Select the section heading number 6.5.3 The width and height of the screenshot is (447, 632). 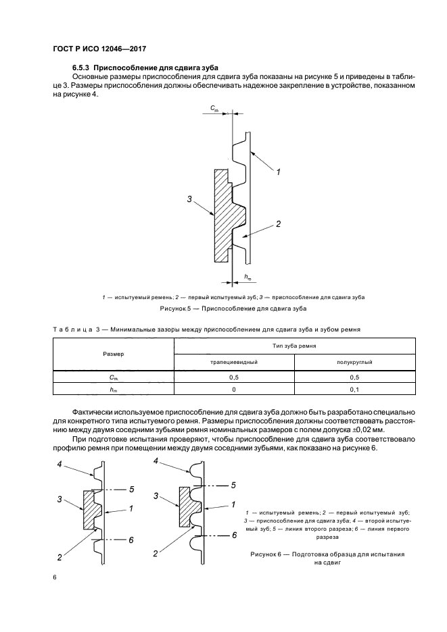(x=80, y=68)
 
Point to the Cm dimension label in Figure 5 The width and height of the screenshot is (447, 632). (x=214, y=108)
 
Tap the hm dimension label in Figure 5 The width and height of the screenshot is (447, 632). (x=247, y=278)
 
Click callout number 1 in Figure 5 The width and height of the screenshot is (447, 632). (x=277, y=172)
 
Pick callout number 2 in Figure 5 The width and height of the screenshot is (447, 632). (x=277, y=224)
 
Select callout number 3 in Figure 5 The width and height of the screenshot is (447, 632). (x=190, y=199)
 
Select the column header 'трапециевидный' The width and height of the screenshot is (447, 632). (x=233, y=362)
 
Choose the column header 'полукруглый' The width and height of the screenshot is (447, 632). (x=354, y=362)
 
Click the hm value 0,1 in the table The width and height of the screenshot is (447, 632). (x=354, y=389)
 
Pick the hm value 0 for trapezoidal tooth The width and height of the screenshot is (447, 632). (x=233, y=389)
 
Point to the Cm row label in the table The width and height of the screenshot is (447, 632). (x=113, y=377)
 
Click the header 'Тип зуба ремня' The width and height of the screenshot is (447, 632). (x=294, y=345)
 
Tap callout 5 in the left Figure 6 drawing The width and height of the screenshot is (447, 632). (x=131, y=488)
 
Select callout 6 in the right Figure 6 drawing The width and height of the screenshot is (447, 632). (x=233, y=535)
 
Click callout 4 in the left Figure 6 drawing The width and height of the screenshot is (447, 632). (x=60, y=465)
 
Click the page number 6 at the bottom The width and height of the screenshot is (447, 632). (x=54, y=578)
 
